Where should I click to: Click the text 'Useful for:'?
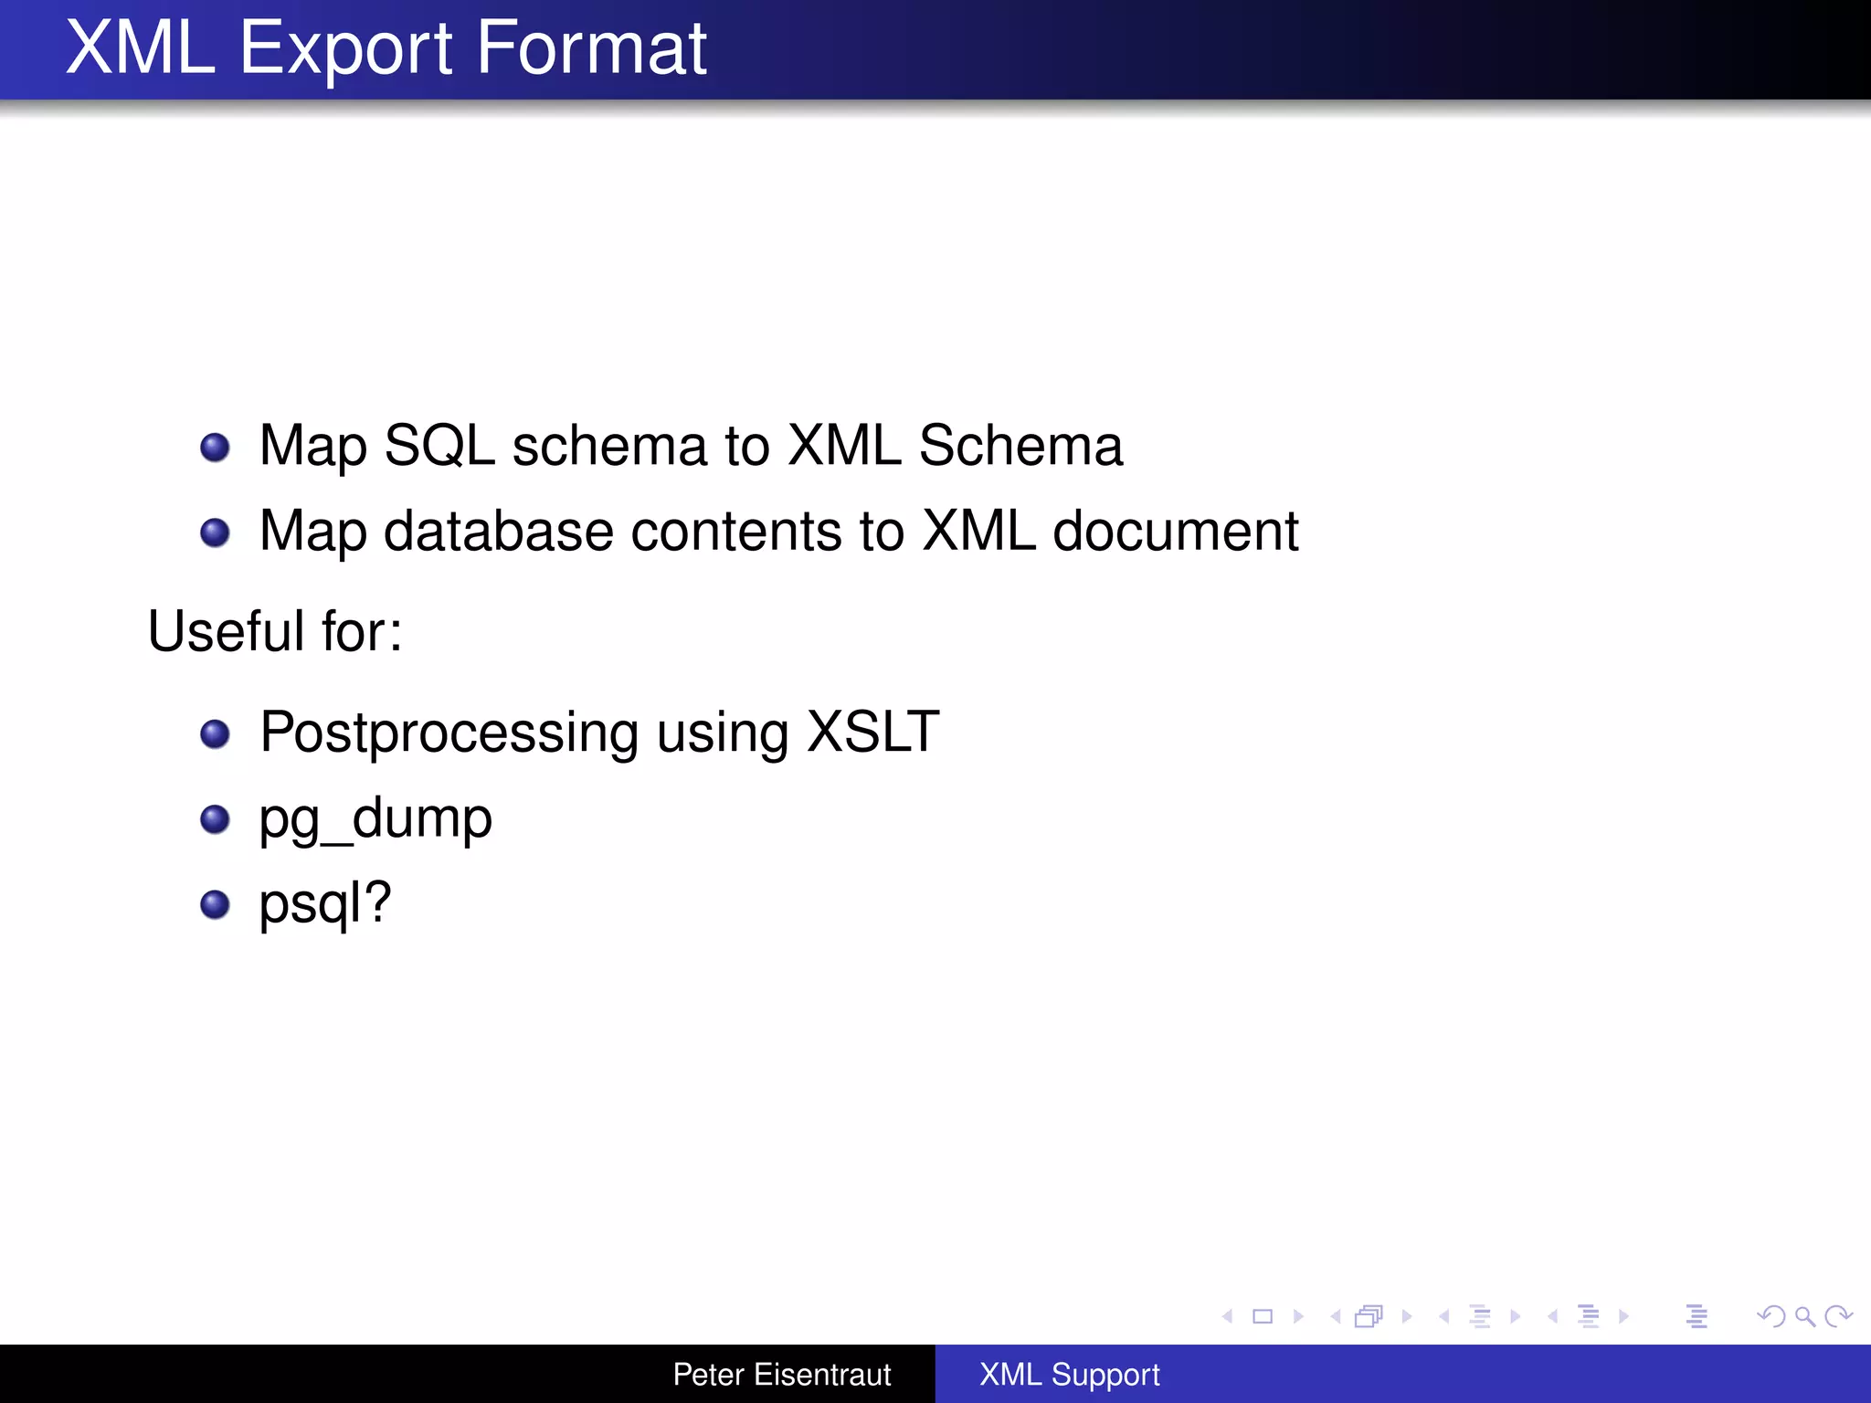[275, 631]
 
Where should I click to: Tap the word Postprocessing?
[449, 733]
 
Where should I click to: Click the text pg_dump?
[375, 818]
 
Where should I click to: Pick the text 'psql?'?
[325, 903]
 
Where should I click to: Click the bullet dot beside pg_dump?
[215, 819]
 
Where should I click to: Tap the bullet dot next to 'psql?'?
[215, 904]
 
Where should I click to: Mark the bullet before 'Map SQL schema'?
[215, 448]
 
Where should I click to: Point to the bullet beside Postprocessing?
[215, 733]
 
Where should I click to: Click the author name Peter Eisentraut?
[782, 1375]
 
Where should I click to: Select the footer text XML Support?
[1069, 1375]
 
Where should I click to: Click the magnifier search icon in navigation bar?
[1804, 1316]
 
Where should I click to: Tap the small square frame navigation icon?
[1263, 1316]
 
